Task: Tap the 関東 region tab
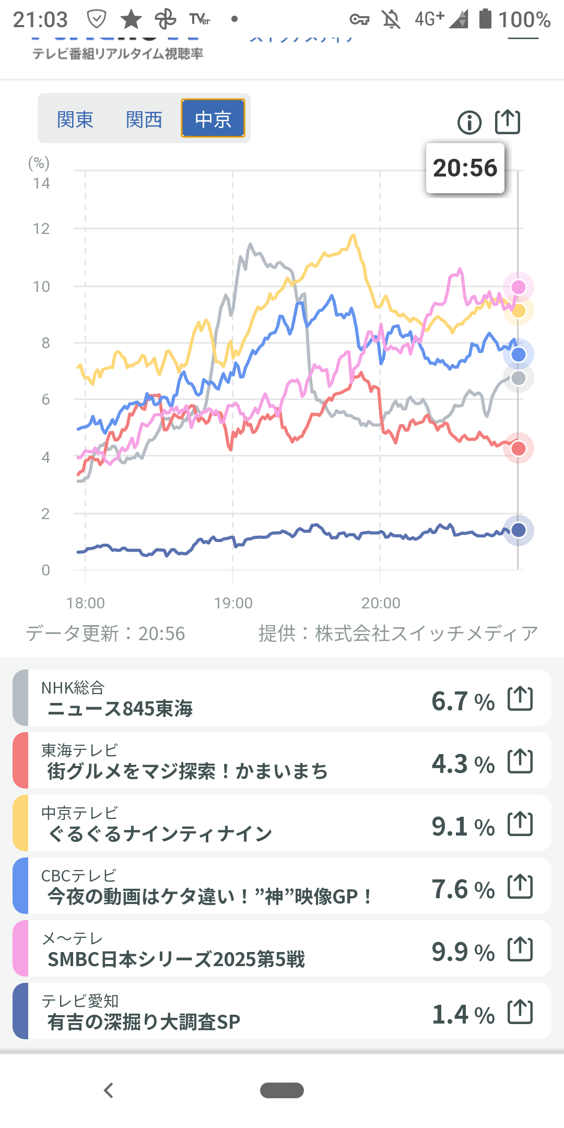(x=75, y=120)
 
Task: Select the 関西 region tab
(x=144, y=120)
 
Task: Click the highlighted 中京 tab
(x=213, y=119)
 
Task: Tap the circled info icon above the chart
(x=469, y=123)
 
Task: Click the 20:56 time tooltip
(x=465, y=168)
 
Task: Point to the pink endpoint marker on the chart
(x=518, y=287)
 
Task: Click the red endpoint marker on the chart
(x=518, y=448)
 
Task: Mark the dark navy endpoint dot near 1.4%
(x=518, y=530)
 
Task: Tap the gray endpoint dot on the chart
(x=518, y=378)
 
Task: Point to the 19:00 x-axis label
(x=233, y=603)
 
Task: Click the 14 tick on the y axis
(x=41, y=183)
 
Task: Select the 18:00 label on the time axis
(x=86, y=603)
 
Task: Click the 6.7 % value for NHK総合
(x=463, y=701)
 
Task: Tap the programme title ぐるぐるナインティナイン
(x=160, y=833)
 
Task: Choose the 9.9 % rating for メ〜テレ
(x=463, y=951)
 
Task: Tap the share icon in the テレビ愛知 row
(x=520, y=1012)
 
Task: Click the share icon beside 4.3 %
(x=520, y=761)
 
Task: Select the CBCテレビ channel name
(x=79, y=876)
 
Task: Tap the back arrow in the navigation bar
(x=109, y=1090)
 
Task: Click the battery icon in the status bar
(x=485, y=19)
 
